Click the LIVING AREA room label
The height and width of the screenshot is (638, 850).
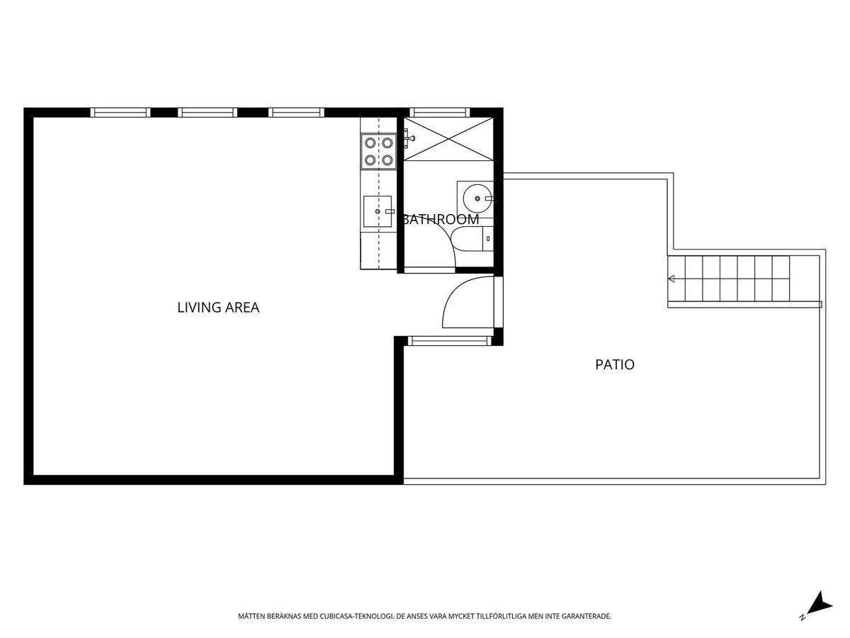pyautogui.click(x=218, y=307)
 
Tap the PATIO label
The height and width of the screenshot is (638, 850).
pyautogui.click(x=615, y=364)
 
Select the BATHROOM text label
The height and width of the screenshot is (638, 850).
pyautogui.click(x=441, y=219)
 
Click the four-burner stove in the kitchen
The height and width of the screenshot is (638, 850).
pyautogui.click(x=379, y=151)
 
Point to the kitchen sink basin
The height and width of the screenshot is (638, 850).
pyautogui.click(x=378, y=211)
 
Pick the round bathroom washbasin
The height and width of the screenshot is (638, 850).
pyautogui.click(x=478, y=198)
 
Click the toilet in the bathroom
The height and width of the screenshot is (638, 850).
pyautogui.click(x=472, y=239)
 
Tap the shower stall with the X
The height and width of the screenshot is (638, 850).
pyautogui.click(x=448, y=139)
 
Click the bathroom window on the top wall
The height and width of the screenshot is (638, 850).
pyautogui.click(x=440, y=112)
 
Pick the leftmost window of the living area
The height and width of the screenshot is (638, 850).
pyautogui.click(x=120, y=112)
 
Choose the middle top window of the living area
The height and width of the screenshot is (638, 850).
pyautogui.click(x=208, y=112)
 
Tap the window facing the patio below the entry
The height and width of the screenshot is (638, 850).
pyautogui.click(x=450, y=341)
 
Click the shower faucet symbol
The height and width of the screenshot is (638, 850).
pyautogui.click(x=409, y=138)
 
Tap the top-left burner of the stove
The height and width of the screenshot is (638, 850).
pyautogui.click(x=370, y=143)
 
